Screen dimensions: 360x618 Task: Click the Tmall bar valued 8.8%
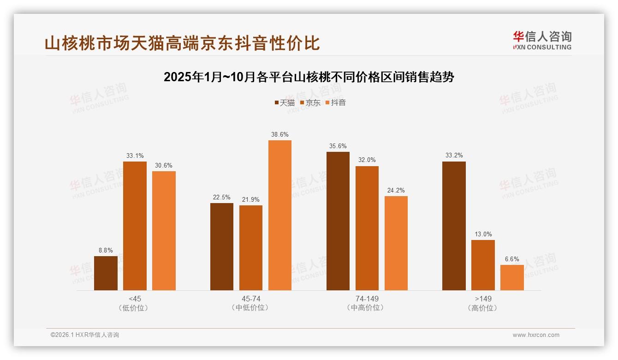(x=106, y=273)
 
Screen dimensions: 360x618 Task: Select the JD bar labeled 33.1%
(x=135, y=226)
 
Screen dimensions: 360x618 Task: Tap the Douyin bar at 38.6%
(x=280, y=215)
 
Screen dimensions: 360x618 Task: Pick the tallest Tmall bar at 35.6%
(x=338, y=221)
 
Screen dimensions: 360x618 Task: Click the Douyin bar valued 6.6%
(x=512, y=277)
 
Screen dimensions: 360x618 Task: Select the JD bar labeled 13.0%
(x=483, y=265)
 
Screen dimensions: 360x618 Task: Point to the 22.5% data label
(x=221, y=197)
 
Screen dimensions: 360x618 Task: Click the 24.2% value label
(x=396, y=190)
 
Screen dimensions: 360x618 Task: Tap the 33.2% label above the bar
(x=454, y=156)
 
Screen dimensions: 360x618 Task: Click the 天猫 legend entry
(x=284, y=103)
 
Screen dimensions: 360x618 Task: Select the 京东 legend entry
(x=310, y=103)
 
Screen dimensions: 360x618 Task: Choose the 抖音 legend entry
(x=335, y=103)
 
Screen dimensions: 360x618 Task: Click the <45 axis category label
(x=135, y=299)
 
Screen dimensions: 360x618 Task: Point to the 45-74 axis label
(x=251, y=299)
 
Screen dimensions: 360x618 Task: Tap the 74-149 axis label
(x=367, y=299)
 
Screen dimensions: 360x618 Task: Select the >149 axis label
(x=483, y=299)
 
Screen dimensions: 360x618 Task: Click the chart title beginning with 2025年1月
(x=309, y=77)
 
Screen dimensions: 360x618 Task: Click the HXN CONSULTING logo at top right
(x=542, y=41)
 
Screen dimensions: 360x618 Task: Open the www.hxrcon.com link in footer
(x=536, y=335)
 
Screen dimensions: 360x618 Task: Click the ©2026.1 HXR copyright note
(x=85, y=335)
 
